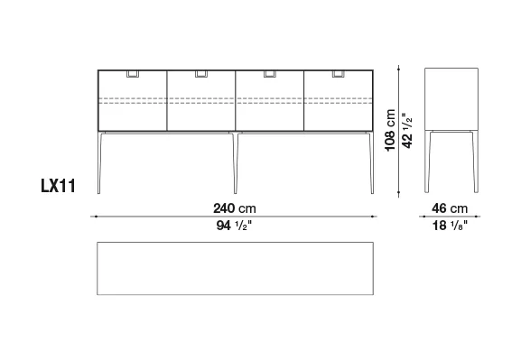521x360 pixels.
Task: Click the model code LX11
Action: [x=58, y=186]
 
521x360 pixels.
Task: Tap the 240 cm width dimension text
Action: [x=235, y=208]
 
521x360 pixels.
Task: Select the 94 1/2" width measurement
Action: [x=234, y=226]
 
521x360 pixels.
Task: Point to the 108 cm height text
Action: [x=390, y=130]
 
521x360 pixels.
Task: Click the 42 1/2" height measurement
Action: [x=407, y=131]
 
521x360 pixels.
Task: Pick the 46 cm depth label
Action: [x=450, y=208]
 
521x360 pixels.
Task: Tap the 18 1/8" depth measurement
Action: [x=450, y=226]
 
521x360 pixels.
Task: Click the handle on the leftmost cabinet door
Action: [x=133, y=74]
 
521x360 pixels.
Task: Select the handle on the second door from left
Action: [x=201, y=74]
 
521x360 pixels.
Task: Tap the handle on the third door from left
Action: [x=270, y=74]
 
